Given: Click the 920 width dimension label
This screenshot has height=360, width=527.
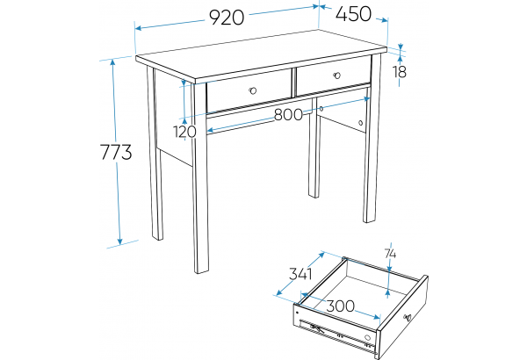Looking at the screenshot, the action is point(227,18).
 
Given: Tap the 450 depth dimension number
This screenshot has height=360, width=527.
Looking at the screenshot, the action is point(353,14).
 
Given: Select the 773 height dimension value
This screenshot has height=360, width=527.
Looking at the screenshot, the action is point(116,152).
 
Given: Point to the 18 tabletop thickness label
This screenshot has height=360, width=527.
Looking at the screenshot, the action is point(400,72).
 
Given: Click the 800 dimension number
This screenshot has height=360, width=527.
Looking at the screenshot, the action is point(288,115).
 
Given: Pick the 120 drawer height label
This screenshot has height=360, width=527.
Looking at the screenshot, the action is point(184,132).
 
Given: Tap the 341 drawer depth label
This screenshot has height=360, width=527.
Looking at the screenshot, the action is point(300,274).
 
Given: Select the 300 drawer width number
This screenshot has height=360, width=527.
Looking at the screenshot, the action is point(341,306).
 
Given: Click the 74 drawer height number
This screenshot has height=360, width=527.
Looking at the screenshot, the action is point(390,254).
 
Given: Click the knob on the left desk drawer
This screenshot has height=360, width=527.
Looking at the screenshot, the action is point(253,90).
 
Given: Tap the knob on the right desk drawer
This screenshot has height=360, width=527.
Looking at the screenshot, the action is point(337,76).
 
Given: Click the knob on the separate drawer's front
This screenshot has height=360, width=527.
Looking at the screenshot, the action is point(408,317).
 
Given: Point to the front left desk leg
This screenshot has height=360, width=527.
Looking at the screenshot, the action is point(200,178).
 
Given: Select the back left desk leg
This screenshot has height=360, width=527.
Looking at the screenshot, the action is point(155,153).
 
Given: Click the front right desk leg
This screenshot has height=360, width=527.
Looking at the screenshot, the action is point(372,138).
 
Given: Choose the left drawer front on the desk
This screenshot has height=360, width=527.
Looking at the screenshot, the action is point(249,91).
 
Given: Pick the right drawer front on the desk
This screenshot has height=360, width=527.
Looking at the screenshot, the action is point(333,76).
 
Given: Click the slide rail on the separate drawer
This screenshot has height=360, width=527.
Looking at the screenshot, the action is point(337,334).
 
